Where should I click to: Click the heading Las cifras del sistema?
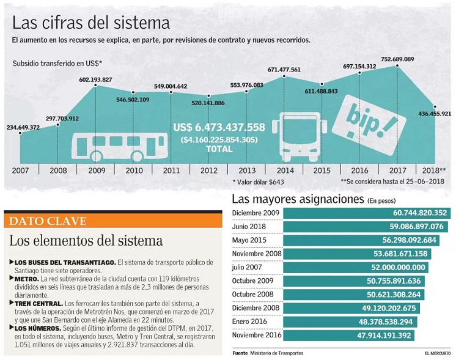91,23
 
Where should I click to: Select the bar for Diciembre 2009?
367,213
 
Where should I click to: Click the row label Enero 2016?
250,321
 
